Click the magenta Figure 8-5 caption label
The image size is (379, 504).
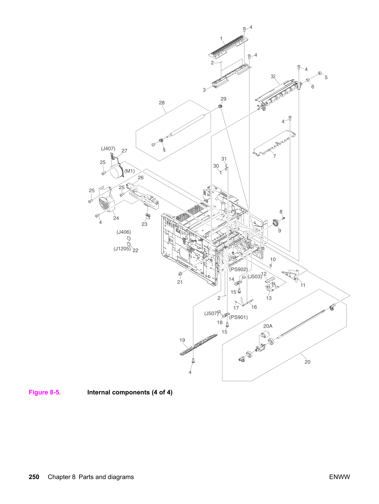[x=45, y=392]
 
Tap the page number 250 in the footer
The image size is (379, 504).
[x=34, y=477]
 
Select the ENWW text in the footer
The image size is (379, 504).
[x=339, y=477]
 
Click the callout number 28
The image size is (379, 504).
[x=162, y=103]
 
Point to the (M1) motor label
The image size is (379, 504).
[x=130, y=171]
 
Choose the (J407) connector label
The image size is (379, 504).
[x=108, y=148]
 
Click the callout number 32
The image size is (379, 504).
[x=273, y=77]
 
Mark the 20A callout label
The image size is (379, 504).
[x=268, y=326]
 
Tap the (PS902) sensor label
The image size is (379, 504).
[x=238, y=269]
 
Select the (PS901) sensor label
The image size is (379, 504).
[x=238, y=317]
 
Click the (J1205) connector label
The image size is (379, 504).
[x=122, y=249]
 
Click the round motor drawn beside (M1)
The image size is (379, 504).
[x=117, y=172]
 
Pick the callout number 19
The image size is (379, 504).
[x=182, y=340]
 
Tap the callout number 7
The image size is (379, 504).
[x=274, y=157]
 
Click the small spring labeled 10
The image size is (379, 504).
[x=271, y=265]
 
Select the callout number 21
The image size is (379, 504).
[x=180, y=282]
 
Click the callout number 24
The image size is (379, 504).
[x=116, y=218]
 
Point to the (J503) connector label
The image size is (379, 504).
[x=255, y=276]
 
